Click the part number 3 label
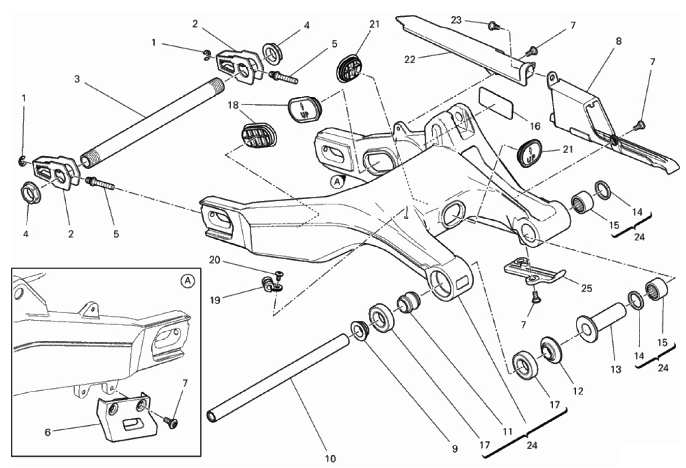click(x=77, y=79)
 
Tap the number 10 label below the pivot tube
click(x=330, y=459)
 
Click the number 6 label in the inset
click(x=48, y=432)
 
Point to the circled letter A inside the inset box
click(x=187, y=282)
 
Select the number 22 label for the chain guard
click(x=409, y=59)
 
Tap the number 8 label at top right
click(x=619, y=41)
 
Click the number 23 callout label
click(x=457, y=20)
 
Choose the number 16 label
click(x=535, y=126)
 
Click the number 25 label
click(x=586, y=288)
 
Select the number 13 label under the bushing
click(x=616, y=369)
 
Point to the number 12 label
click(x=578, y=391)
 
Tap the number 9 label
click(x=454, y=448)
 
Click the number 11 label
click(x=508, y=431)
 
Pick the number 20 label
click(x=215, y=260)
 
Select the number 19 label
click(x=215, y=301)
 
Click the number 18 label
click(x=233, y=105)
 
